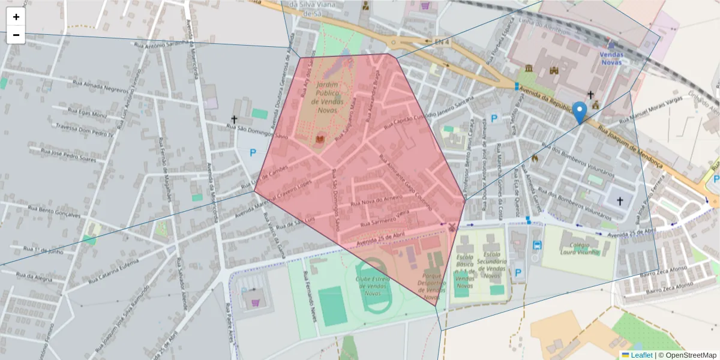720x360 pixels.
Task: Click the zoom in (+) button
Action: pos(16,17)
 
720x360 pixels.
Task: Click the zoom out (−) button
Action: pos(16,35)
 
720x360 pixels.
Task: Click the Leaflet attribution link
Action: pos(641,355)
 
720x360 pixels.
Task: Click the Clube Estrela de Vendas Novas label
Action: pos(373,286)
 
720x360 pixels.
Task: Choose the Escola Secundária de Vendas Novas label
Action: pos(492,265)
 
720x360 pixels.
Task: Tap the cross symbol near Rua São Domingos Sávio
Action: pos(234,120)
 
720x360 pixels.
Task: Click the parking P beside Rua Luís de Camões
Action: pos(253,153)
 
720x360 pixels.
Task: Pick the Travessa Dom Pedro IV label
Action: pos(85,130)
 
